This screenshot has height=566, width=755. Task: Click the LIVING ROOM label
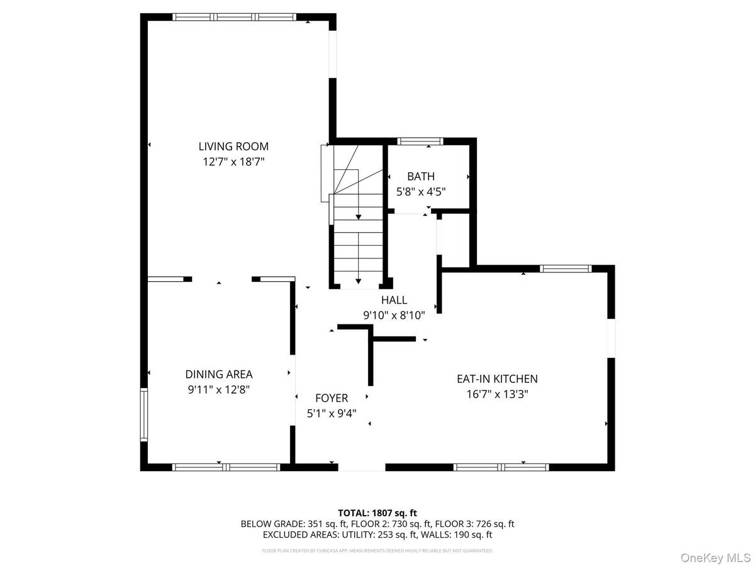tap(233, 147)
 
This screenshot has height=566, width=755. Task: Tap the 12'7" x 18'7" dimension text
tap(233, 162)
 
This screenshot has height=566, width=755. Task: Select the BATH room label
tap(421, 177)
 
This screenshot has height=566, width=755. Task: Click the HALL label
tap(394, 301)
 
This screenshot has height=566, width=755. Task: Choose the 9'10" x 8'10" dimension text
tap(394, 315)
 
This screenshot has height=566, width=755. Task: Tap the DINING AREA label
tap(219, 374)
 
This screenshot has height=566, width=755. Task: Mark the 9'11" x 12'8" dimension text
tap(219, 389)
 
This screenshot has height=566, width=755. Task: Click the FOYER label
tap(332, 398)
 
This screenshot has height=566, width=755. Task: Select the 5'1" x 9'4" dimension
tap(332, 413)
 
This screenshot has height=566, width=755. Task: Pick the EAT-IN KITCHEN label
tap(497, 379)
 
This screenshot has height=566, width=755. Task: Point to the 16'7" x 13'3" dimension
tap(497, 394)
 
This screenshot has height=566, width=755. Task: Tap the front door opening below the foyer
tap(362, 467)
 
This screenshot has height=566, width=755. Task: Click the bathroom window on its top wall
tap(421, 141)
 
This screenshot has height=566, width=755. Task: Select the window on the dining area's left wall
tap(144, 414)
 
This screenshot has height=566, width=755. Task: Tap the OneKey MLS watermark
tap(720, 558)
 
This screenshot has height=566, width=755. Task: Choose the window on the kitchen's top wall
tap(566, 269)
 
